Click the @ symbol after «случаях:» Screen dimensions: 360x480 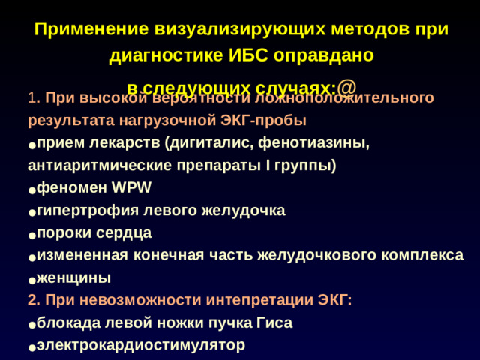346,85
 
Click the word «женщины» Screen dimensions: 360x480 73,278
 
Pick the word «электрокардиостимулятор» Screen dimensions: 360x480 140,346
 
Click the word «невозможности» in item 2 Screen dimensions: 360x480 120,301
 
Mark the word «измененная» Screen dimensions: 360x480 82,256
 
